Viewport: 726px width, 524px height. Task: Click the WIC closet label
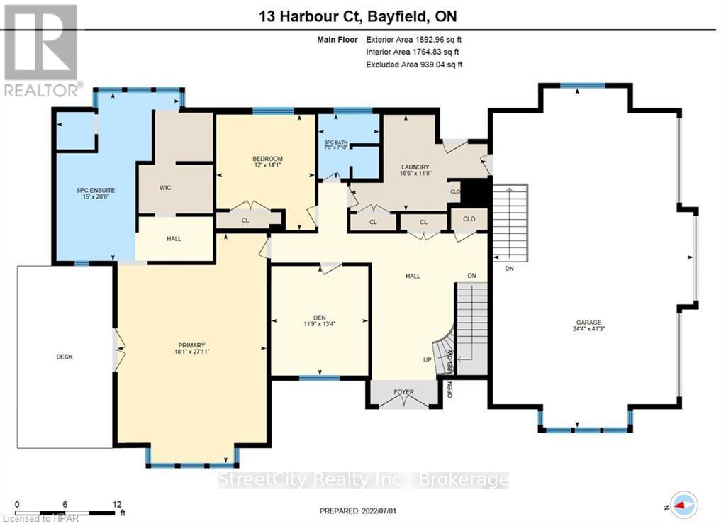click(x=165, y=188)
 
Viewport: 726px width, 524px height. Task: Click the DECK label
click(x=65, y=357)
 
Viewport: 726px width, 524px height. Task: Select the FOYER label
click(x=402, y=391)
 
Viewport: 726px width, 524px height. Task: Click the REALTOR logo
click(x=41, y=50)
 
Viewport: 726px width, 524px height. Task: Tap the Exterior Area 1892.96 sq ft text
click(x=418, y=40)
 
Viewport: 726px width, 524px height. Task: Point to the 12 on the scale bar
click(x=113, y=505)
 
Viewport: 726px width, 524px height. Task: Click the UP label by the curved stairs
click(x=428, y=360)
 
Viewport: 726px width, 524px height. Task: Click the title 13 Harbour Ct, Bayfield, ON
click(x=362, y=15)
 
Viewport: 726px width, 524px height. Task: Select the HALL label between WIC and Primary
click(x=174, y=239)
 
